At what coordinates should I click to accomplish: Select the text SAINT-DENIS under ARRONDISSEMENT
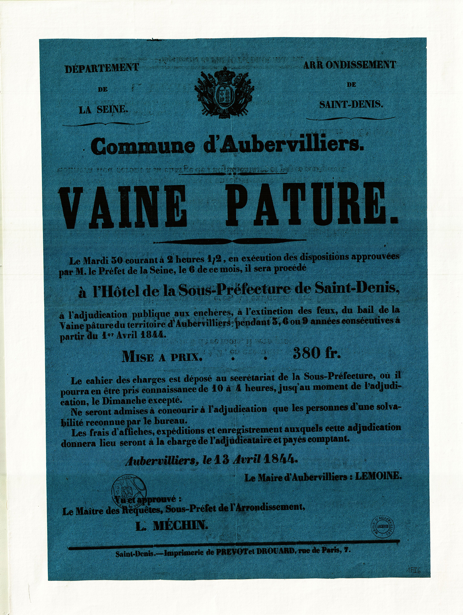click(x=351, y=105)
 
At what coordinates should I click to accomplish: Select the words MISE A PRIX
click(x=162, y=357)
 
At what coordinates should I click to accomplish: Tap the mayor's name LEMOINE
click(x=378, y=476)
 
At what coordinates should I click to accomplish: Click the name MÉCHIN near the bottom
click(x=180, y=525)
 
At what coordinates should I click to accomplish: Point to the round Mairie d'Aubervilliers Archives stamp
click(x=382, y=527)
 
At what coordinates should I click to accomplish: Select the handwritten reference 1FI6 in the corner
click(x=414, y=571)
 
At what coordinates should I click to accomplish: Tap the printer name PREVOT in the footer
click(x=231, y=552)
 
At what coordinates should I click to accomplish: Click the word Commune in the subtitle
click(x=143, y=146)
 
